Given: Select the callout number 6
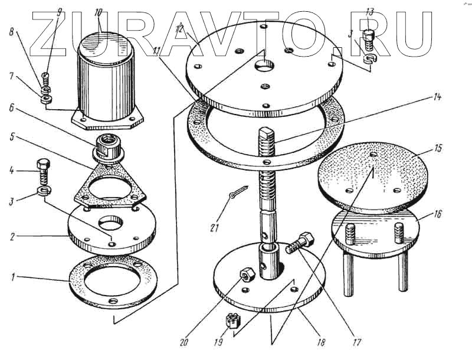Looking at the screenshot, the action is pyautogui.click(x=12, y=108).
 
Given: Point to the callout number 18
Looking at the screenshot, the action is pyautogui.click(x=321, y=342).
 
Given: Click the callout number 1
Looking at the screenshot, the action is pyautogui.click(x=12, y=277).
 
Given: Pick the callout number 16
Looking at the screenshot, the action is pyautogui.click(x=437, y=214).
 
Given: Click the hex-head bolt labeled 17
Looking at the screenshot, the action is pyautogui.click(x=300, y=243).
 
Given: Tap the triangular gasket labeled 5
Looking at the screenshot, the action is pyautogui.click(x=110, y=183).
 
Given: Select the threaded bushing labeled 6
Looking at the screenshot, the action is pyautogui.click(x=108, y=148).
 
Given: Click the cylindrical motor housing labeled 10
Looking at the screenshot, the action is pyautogui.click(x=106, y=79).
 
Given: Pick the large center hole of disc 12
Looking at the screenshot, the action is pyautogui.click(x=264, y=66).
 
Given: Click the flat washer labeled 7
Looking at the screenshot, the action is pyautogui.click(x=46, y=100).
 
